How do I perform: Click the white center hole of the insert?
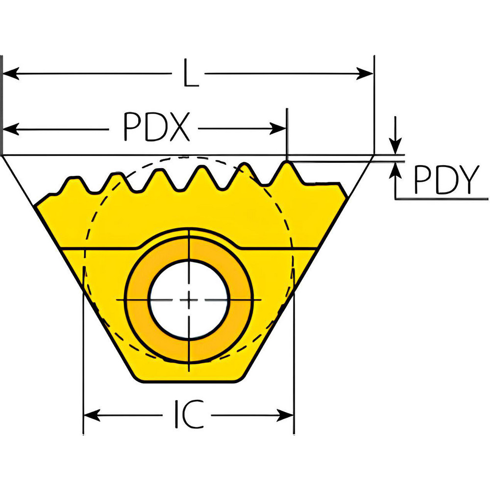tap(189, 299)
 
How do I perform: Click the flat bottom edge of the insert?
tap(189, 381)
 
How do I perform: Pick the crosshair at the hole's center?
tap(189, 299)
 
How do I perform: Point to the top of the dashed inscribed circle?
tap(189, 157)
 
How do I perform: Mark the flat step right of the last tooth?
tap(321, 184)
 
